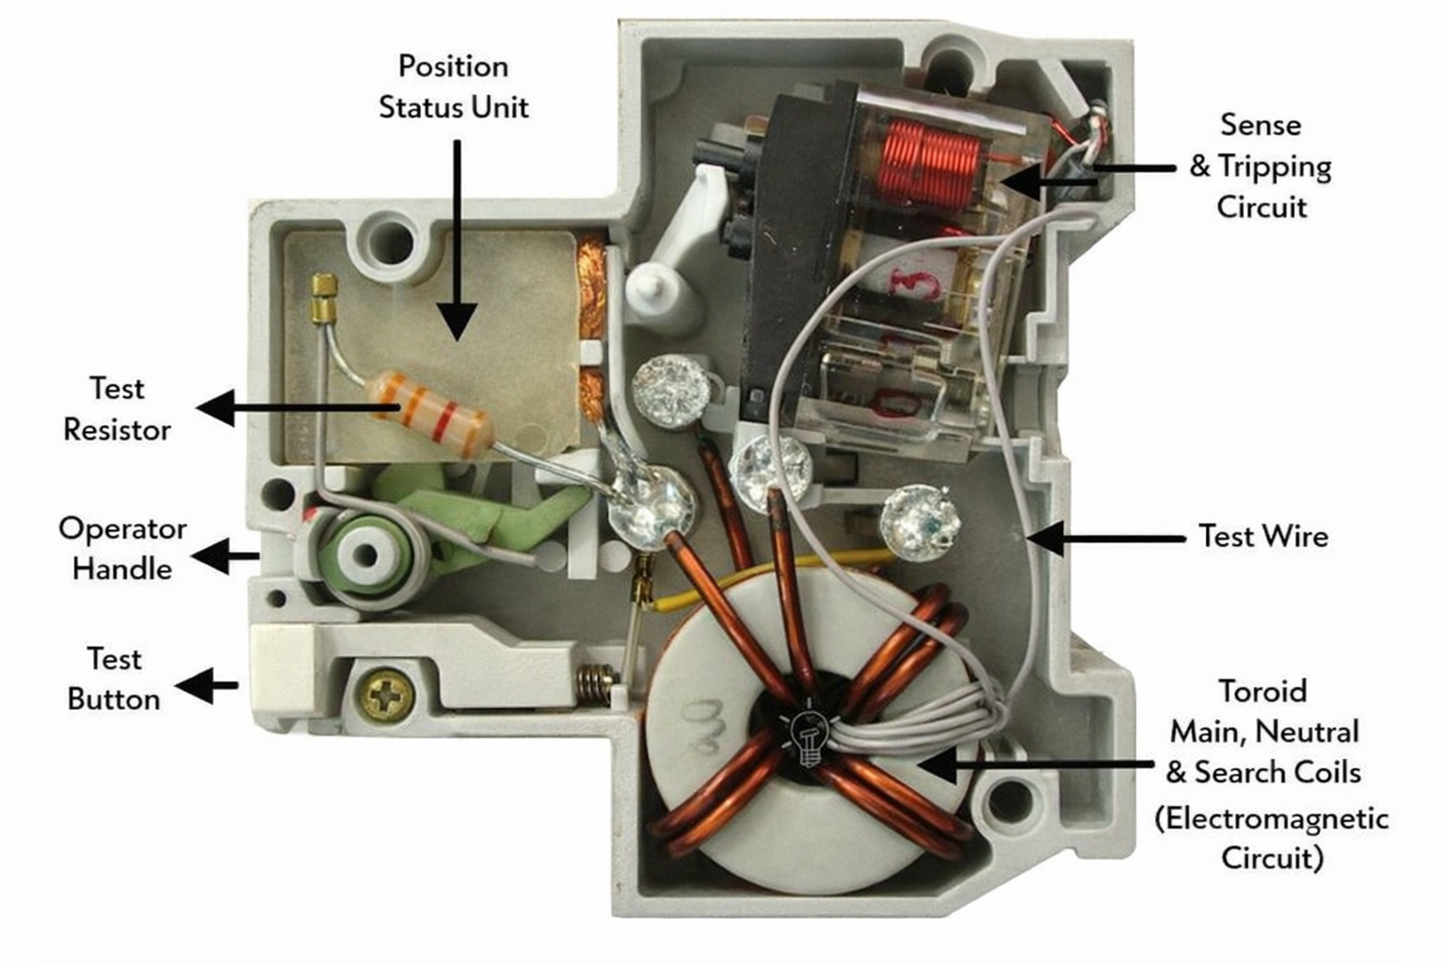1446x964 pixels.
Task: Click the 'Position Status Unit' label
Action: click(x=453, y=87)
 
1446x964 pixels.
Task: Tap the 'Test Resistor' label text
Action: click(x=117, y=409)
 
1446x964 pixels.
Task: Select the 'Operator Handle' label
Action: click(x=121, y=548)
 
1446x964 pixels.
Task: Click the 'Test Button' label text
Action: click(x=114, y=679)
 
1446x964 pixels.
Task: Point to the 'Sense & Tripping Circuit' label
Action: click(x=1261, y=166)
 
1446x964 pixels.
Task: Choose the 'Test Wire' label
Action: click(x=1263, y=537)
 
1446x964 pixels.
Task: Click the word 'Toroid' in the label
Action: click(x=1262, y=691)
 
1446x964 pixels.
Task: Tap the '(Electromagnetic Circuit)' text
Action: click(x=1272, y=838)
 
